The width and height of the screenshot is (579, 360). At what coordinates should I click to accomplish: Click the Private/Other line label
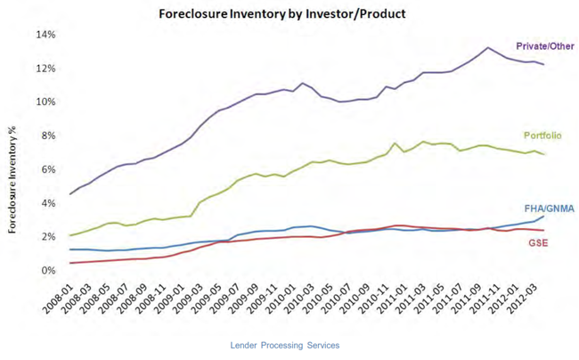544,45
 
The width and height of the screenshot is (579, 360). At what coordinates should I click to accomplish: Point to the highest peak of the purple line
487,47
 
